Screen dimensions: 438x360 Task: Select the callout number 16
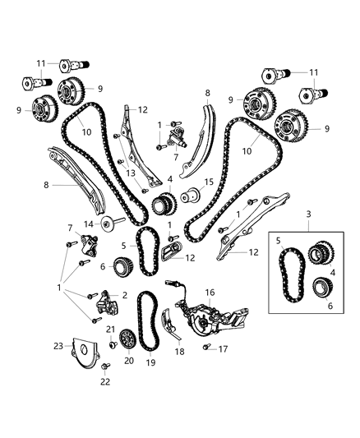pos(210,291)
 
